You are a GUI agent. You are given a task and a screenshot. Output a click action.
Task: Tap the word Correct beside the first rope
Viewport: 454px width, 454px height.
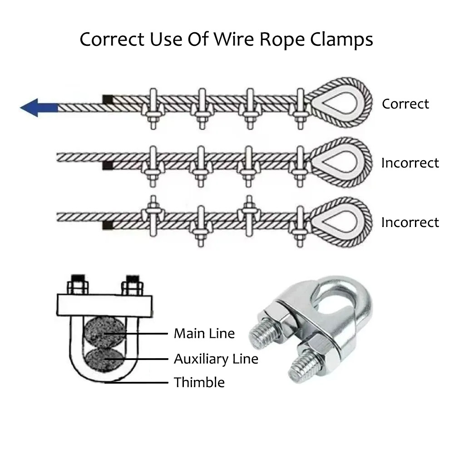pos(405,104)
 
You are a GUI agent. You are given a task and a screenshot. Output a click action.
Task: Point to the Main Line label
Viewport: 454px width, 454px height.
pos(204,334)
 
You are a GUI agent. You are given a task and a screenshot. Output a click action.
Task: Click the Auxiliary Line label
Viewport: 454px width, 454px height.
pos(216,359)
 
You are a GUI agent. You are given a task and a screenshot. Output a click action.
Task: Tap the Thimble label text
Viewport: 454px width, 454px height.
pos(199,382)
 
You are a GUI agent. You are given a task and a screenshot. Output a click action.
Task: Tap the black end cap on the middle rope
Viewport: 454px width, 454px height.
pos(108,165)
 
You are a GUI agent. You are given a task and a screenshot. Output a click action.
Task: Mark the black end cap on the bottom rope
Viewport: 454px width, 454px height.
pos(108,225)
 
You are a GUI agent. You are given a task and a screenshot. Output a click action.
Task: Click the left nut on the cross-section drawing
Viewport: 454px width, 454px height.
pos(78,287)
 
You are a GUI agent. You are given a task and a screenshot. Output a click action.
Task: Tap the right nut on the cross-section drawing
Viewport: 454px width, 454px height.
pos(132,287)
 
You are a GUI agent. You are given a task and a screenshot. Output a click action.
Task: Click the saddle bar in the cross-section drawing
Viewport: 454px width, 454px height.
pos(104,305)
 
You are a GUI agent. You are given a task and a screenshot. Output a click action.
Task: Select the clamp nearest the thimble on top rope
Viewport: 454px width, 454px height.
pos(300,108)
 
